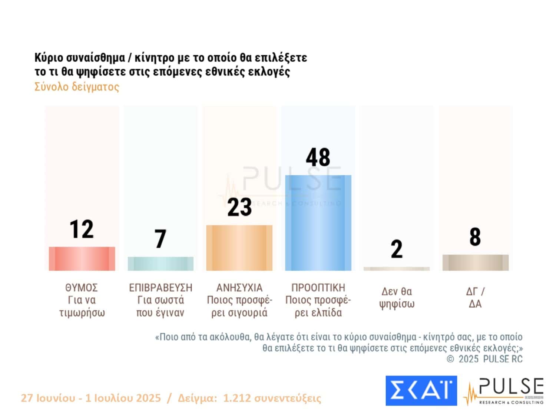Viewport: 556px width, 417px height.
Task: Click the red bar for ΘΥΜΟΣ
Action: click(x=82, y=259)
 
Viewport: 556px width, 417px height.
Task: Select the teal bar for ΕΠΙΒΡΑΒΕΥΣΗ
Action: click(x=160, y=264)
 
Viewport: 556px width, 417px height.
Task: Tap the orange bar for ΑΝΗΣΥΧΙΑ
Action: click(x=239, y=248)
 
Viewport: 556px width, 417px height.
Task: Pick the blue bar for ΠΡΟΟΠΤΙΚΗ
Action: click(x=318, y=223)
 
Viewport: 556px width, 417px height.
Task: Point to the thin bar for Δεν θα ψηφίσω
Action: click(x=397, y=269)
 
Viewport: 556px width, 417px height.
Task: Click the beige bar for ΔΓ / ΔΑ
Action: click(x=475, y=262)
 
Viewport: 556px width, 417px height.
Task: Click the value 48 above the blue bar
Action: click(x=318, y=158)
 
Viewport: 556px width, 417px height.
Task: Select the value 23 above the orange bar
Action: click(x=239, y=207)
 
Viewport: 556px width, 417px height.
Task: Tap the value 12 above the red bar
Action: click(x=82, y=229)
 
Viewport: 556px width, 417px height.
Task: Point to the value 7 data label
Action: click(x=160, y=239)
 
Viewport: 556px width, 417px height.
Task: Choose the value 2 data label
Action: click(x=397, y=249)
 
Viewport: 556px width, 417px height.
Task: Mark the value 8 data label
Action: click(x=475, y=237)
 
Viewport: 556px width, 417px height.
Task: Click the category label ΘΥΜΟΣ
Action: click(x=82, y=288)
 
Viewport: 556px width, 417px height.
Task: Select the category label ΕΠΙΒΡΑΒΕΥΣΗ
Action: click(x=160, y=288)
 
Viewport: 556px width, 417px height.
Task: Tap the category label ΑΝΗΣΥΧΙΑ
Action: click(x=239, y=288)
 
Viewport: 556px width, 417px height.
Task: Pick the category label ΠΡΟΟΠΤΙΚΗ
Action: click(x=318, y=288)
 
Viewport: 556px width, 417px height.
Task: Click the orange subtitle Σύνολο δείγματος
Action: click(x=77, y=87)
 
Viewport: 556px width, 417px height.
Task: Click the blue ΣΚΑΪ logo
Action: click(x=421, y=391)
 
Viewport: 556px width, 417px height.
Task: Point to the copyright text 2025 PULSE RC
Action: click(x=490, y=359)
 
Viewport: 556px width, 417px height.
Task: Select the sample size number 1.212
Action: click(x=235, y=398)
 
